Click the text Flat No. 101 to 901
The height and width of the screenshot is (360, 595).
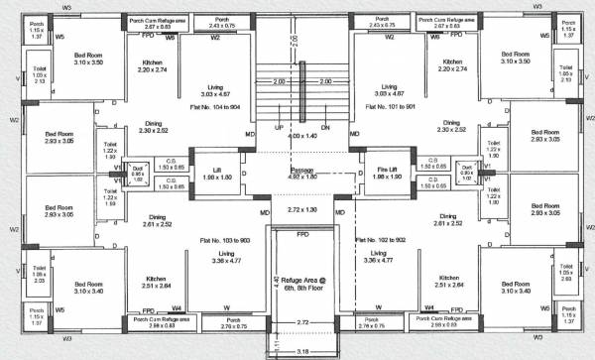coord(390,103)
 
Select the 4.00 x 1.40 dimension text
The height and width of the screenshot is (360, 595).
coord(301,135)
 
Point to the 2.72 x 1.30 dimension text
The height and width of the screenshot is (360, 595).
coord(301,211)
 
